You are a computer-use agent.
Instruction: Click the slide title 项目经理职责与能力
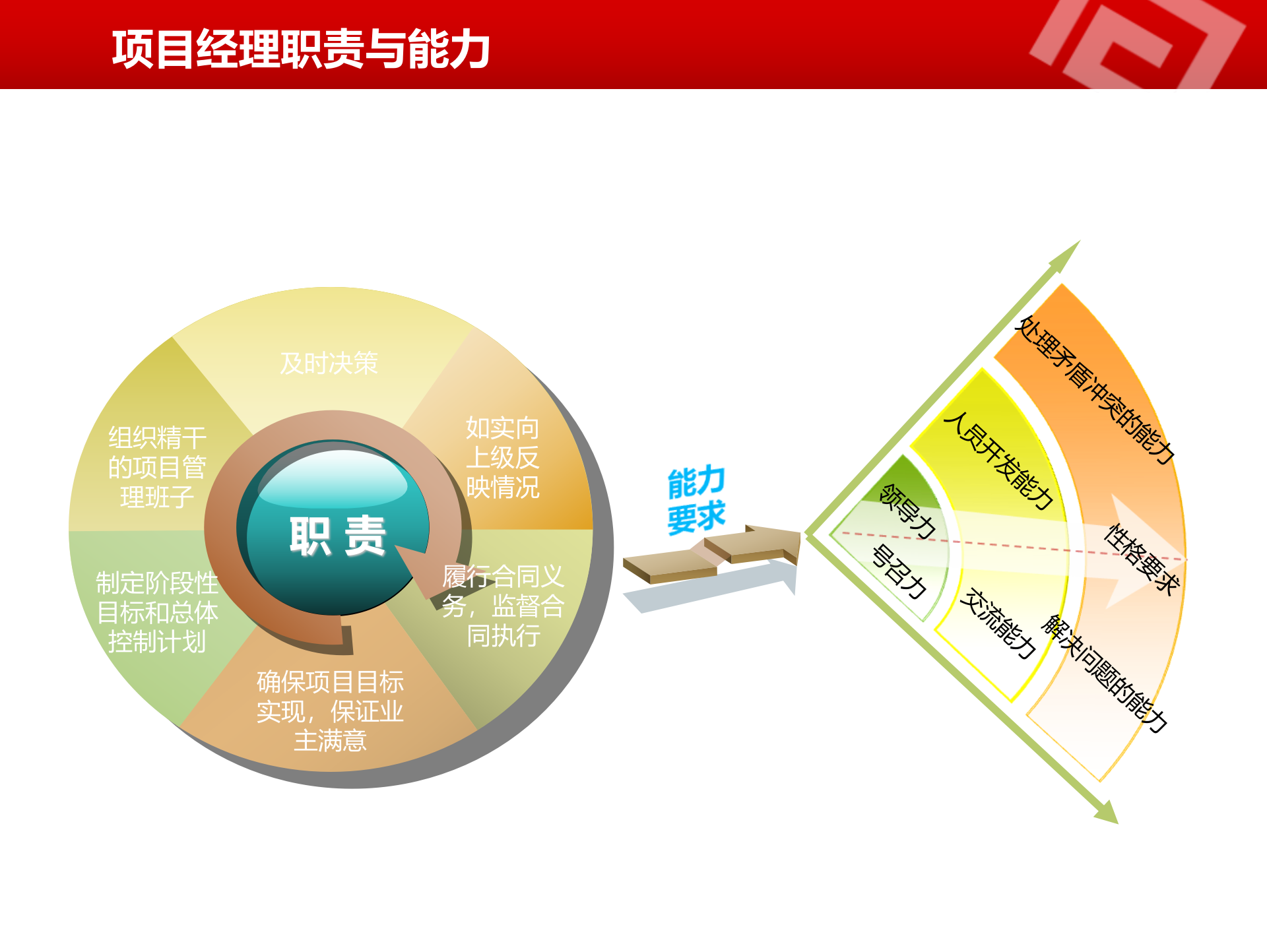300,49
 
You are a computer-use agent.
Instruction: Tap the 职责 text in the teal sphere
337,536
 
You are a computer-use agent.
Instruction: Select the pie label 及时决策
329,364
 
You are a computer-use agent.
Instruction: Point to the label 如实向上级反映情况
503,458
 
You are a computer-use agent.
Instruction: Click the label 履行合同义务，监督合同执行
503,606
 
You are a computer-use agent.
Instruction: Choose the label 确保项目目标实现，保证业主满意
330,711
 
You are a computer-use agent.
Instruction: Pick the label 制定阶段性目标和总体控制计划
157,612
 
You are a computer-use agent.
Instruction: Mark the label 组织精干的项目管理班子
157,467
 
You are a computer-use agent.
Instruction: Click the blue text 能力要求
696,499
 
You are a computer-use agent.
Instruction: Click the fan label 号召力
899,571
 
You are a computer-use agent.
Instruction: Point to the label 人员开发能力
998,460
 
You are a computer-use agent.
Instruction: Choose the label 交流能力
997,623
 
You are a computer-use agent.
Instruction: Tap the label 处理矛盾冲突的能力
1096,389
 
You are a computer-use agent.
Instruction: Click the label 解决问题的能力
1104,674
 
